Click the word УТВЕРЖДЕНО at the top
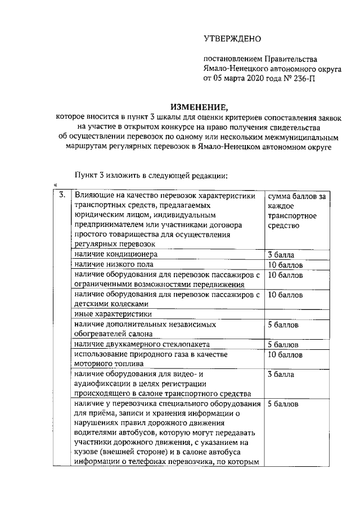[232, 39]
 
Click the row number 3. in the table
[62, 196]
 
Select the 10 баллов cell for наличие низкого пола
[285, 264]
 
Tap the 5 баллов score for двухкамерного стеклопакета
[283, 345]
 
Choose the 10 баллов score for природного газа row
[285, 355]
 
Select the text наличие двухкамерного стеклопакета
[141, 345]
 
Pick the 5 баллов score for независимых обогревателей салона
[283, 325]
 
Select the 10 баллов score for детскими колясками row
[285, 294]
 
